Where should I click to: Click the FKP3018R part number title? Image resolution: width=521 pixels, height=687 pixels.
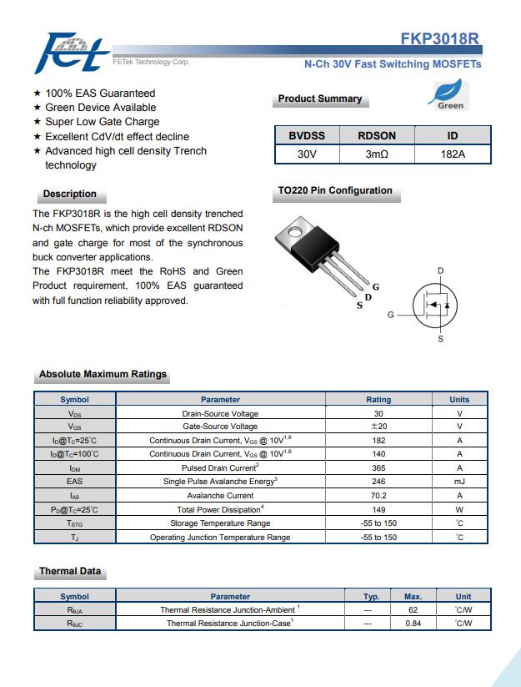coord(439,38)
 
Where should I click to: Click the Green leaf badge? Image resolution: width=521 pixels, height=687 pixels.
coord(448,94)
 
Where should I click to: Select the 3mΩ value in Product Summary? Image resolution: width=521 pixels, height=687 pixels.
coord(377,154)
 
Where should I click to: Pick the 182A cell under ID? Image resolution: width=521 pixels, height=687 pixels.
coord(453,154)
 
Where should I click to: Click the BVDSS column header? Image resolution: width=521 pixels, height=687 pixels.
coord(307,136)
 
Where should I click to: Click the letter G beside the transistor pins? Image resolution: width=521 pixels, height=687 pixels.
coord(376,287)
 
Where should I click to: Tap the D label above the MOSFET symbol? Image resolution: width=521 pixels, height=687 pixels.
coord(440,270)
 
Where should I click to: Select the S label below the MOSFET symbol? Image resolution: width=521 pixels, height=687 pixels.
coord(440,339)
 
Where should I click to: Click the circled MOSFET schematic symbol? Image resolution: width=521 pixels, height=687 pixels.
coord(434,305)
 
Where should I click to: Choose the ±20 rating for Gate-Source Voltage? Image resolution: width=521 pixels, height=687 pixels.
coord(378,427)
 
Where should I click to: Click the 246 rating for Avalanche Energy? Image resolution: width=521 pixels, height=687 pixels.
coord(378,482)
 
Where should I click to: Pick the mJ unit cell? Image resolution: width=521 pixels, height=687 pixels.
coord(459,482)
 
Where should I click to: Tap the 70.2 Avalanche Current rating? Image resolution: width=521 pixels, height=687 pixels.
coord(378,496)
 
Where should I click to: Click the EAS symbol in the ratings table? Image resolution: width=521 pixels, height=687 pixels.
coord(74,482)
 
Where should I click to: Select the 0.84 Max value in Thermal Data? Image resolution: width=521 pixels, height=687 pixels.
coord(413,623)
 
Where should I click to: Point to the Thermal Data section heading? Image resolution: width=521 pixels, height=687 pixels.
coord(70,571)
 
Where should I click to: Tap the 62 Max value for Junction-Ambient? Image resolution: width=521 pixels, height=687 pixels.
coord(413,610)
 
